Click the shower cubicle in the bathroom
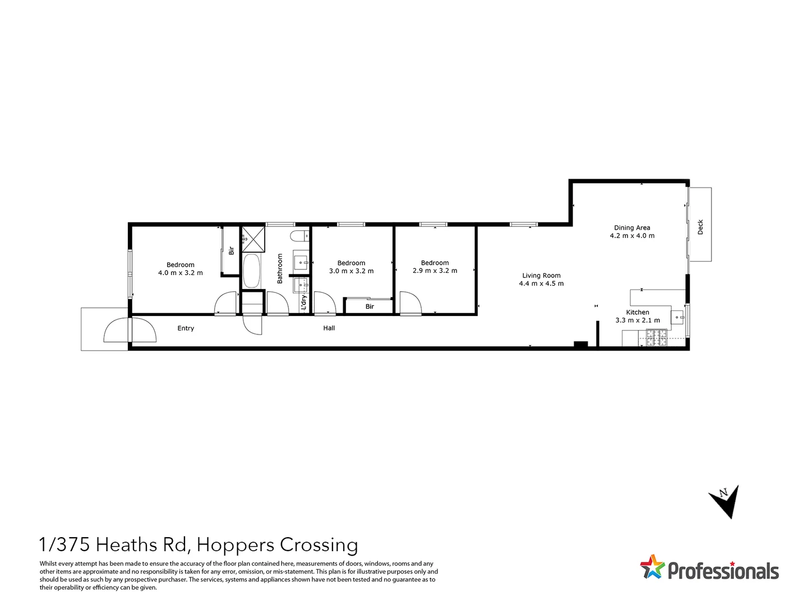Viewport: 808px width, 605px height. point(253,239)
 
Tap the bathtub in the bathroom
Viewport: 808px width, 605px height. point(252,271)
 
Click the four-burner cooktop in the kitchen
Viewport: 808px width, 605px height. point(657,337)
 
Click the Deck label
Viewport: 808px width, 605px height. point(700,227)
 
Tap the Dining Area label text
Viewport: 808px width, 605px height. point(632,227)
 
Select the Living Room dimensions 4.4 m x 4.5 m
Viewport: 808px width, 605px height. point(541,283)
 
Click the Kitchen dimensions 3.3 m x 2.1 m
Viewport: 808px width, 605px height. point(638,320)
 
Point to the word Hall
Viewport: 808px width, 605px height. point(329,328)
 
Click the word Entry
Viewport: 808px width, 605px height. point(186,328)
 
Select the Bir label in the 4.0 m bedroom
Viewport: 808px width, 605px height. point(231,250)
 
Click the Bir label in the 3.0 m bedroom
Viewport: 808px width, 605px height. point(370,306)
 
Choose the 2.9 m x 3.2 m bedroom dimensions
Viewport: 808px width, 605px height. point(435,271)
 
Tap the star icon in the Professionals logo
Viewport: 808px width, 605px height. point(652,566)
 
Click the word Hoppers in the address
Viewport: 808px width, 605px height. point(236,544)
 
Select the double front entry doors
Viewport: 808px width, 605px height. point(130,331)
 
